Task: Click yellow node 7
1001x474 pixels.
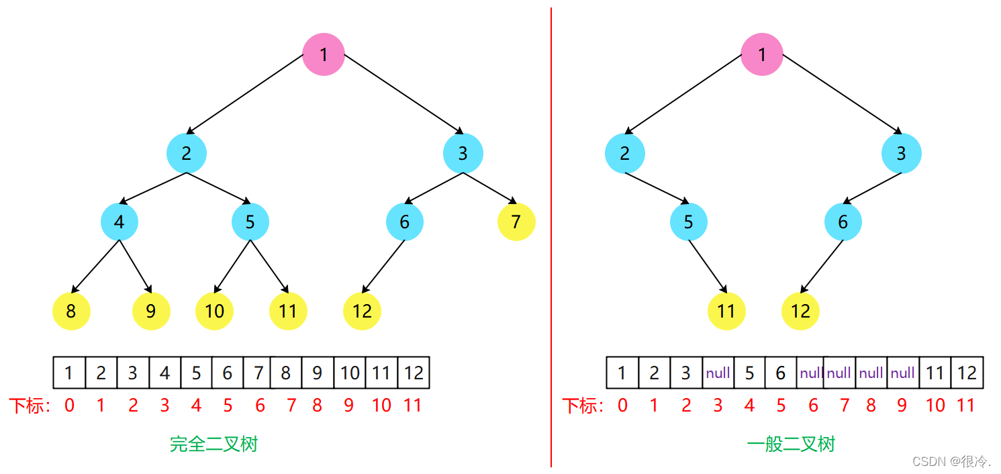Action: pyautogui.click(x=516, y=222)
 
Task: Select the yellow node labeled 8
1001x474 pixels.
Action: pyautogui.click(x=71, y=311)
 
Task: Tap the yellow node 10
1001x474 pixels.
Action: pyautogui.click(x=214, y=311)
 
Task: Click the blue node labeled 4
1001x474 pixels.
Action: pyautogui.click(x=120, y=222)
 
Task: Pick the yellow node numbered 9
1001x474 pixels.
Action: pyautogui.click(x=151, y=311)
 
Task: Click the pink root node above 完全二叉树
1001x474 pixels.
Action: pyautogui.click(x=324, y=54)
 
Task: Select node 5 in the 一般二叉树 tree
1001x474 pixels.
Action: pyautogui.click(x=688, y=222)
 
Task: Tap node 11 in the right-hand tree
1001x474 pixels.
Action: pyautogui.click(x=726, y=311)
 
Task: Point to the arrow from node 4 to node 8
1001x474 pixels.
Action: pyautogui.click(x=96, y=266)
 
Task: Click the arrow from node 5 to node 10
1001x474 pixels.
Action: pyautogui.click(x=233, y=266)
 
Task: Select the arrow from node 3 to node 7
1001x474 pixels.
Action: pyautogui.click(x=489, y=188)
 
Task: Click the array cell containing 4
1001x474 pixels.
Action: pyautogui.click(x=165, y=373)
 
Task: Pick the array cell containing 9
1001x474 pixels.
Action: pyautogui.click(x=318, y=373)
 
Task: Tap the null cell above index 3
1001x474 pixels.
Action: pyautogui.click(x=718, y=373)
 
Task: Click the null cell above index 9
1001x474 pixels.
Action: pyautogui.click(x=902, y=373)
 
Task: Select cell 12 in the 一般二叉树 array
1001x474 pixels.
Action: pyautogui.click(x=967, y=373)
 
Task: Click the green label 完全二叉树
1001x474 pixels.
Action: pyautogui.click(x=213, y=444)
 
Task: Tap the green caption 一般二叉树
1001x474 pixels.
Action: pyautogui.click(x=791, y=444)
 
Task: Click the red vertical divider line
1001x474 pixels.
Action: pyautogui.click(x=551, y=235)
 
